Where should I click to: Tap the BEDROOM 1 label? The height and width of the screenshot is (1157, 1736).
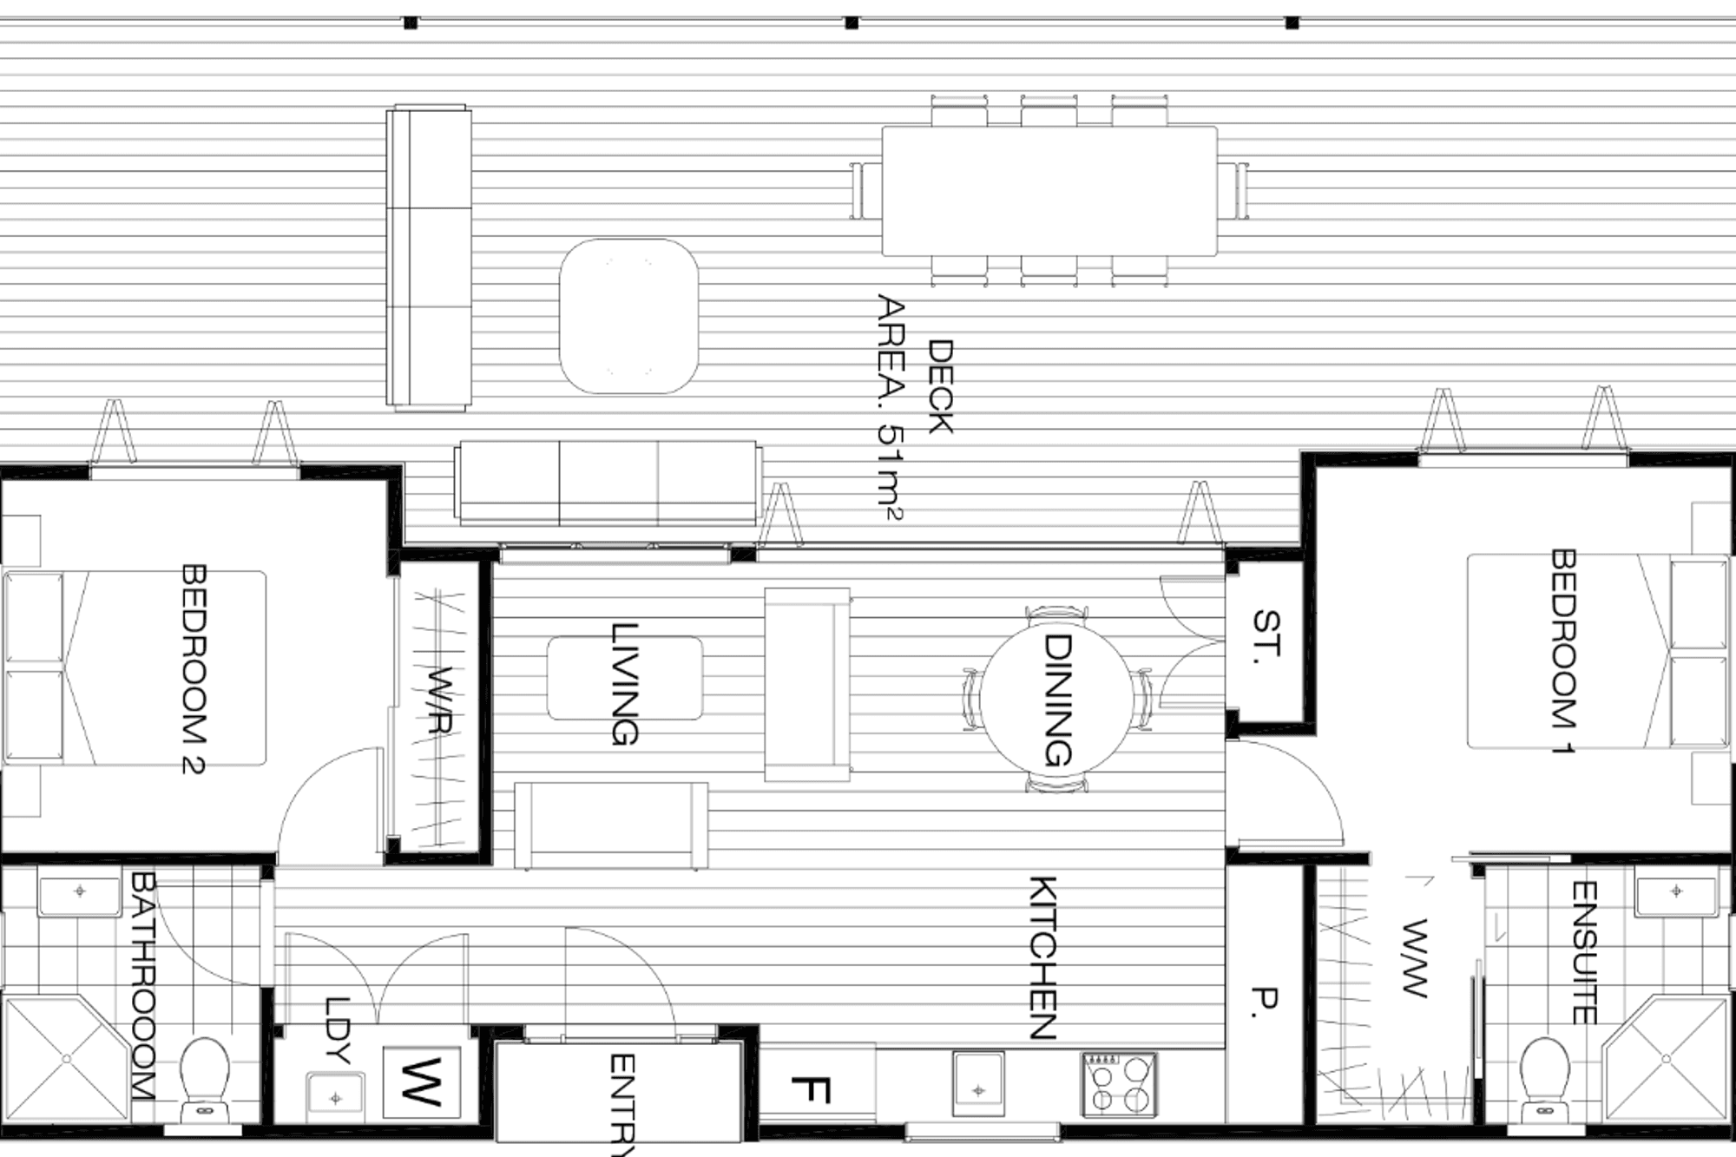pyautogui.click(x=1562, y=651)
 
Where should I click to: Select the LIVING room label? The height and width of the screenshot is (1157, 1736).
pyautogui.click(x=624, y=684)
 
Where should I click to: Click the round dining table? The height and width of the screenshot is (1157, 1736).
pyautogui.click(x=1056, y=700)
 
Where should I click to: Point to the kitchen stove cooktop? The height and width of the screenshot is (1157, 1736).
pyautogui.click(x=1119, y=1084)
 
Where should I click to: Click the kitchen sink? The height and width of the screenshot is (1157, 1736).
pyautogui.click(x=978, y=1084)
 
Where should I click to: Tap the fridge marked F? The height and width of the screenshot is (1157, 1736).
pyautogui.click(x=812, y=1088)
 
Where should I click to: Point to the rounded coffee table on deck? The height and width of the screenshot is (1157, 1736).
pyautogui.click(x=628, y=316)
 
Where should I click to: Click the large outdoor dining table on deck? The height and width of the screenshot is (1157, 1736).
pyautogui.click(x=1049, y=191)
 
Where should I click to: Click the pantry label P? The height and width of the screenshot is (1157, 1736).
pyautogui.click(x=1266, y=998)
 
